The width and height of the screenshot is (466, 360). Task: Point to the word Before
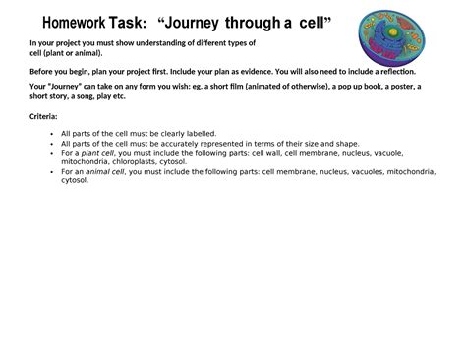(x=43, y=72)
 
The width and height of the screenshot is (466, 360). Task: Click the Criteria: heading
(x=45, y=117)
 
